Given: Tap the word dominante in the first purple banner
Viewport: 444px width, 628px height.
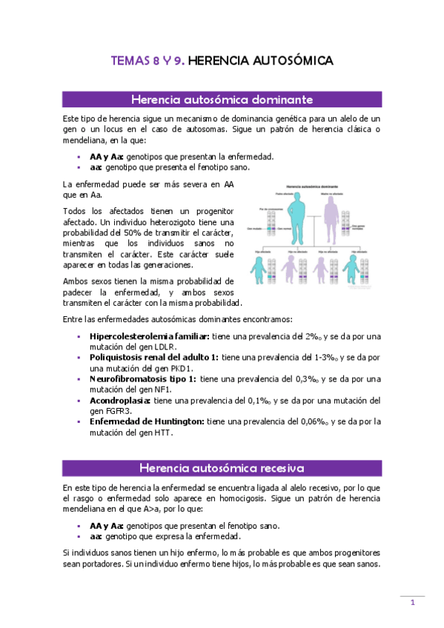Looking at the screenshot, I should pyautogui.click(x=280, y=99).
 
